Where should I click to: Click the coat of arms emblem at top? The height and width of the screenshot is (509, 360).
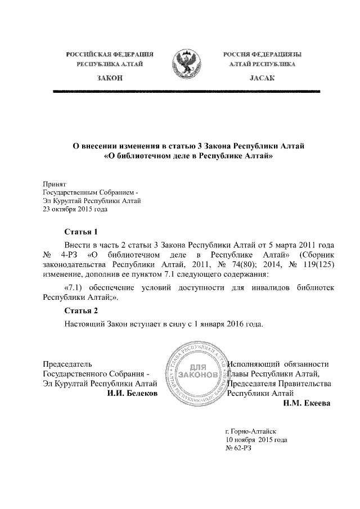point(183,64)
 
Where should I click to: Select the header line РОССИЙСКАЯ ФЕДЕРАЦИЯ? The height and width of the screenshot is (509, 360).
point(110,54)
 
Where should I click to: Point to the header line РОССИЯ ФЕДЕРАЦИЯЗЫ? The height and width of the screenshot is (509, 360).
point(262,54)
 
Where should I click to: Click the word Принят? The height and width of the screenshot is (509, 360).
point(55,183)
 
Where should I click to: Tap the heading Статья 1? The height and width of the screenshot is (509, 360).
point(81,232)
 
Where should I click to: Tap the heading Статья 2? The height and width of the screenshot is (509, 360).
point(81,311)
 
